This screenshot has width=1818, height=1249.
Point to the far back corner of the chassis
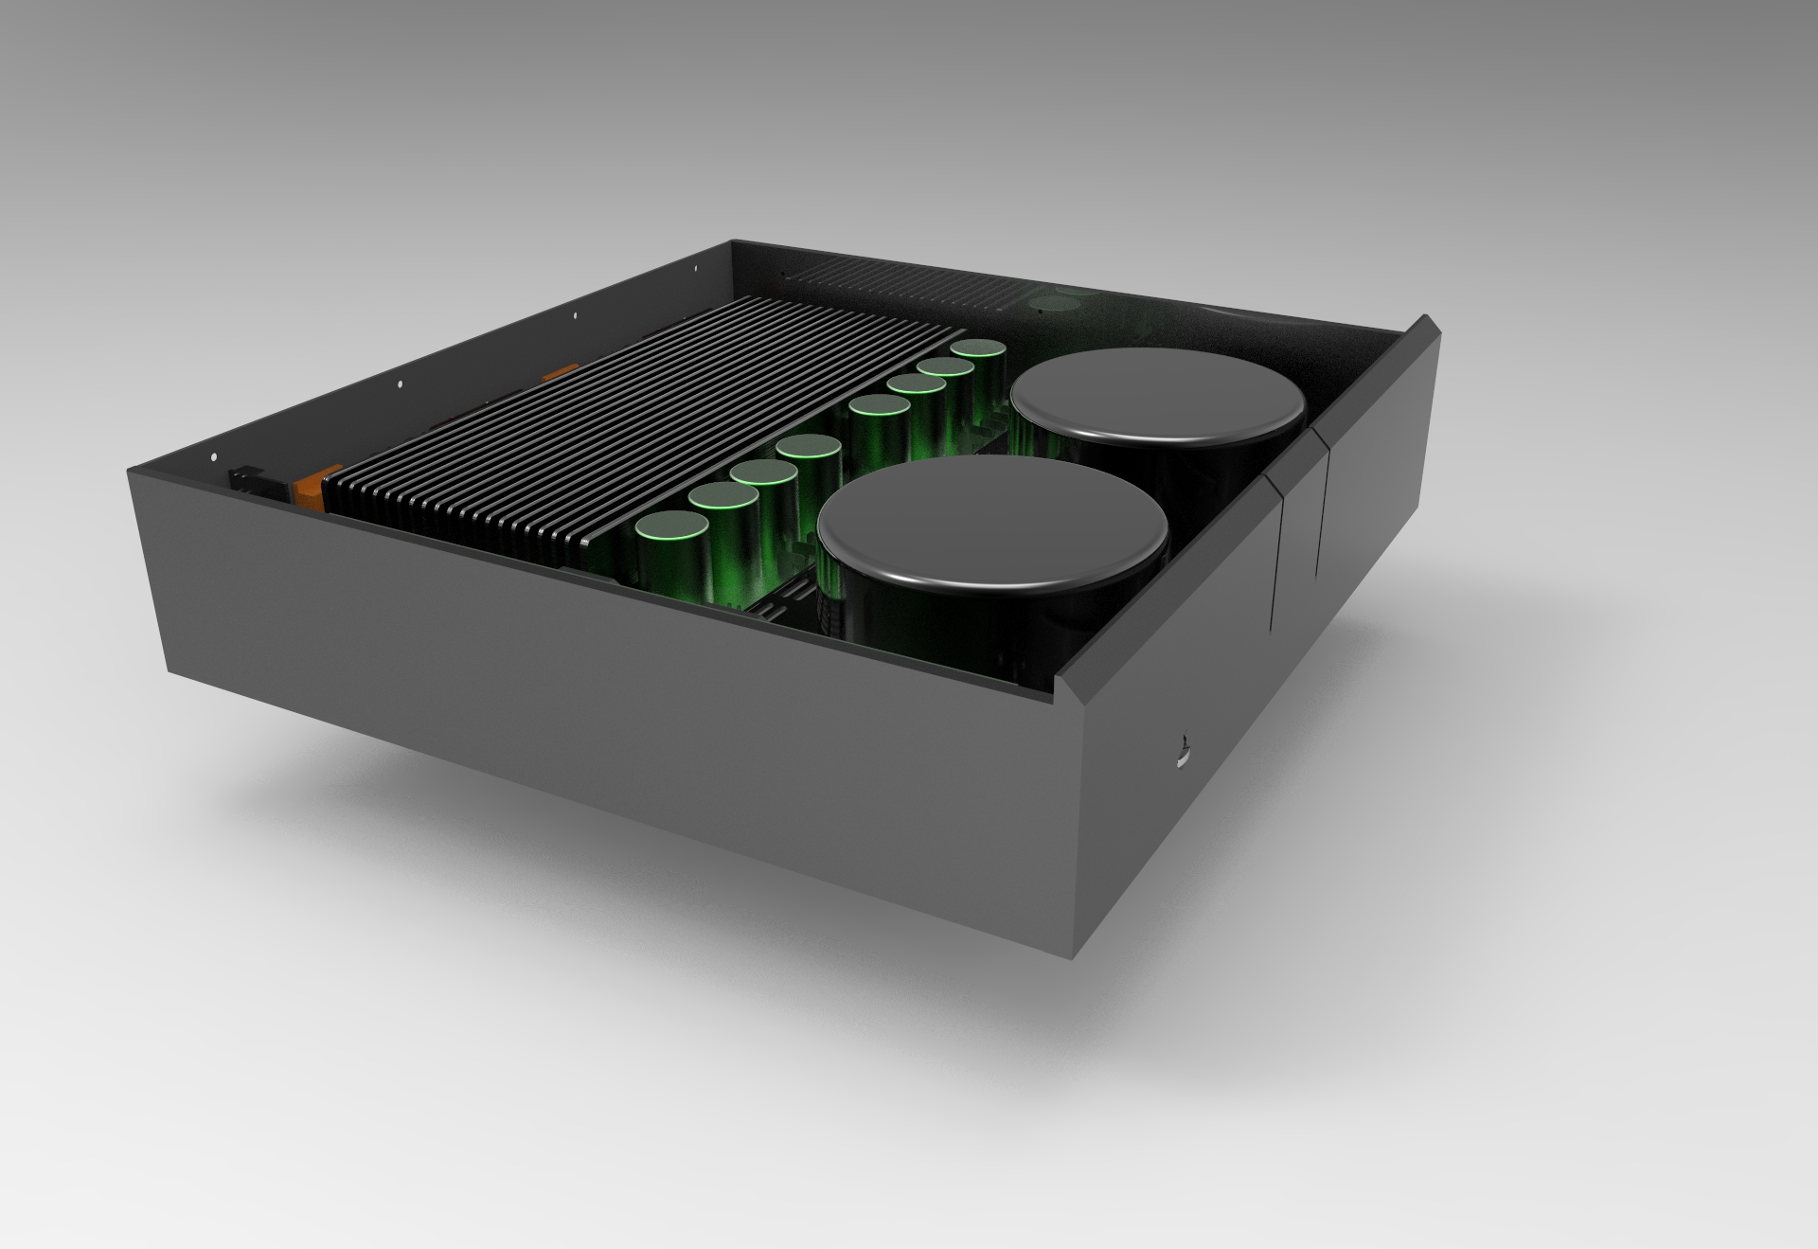click(x=732, y=242)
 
